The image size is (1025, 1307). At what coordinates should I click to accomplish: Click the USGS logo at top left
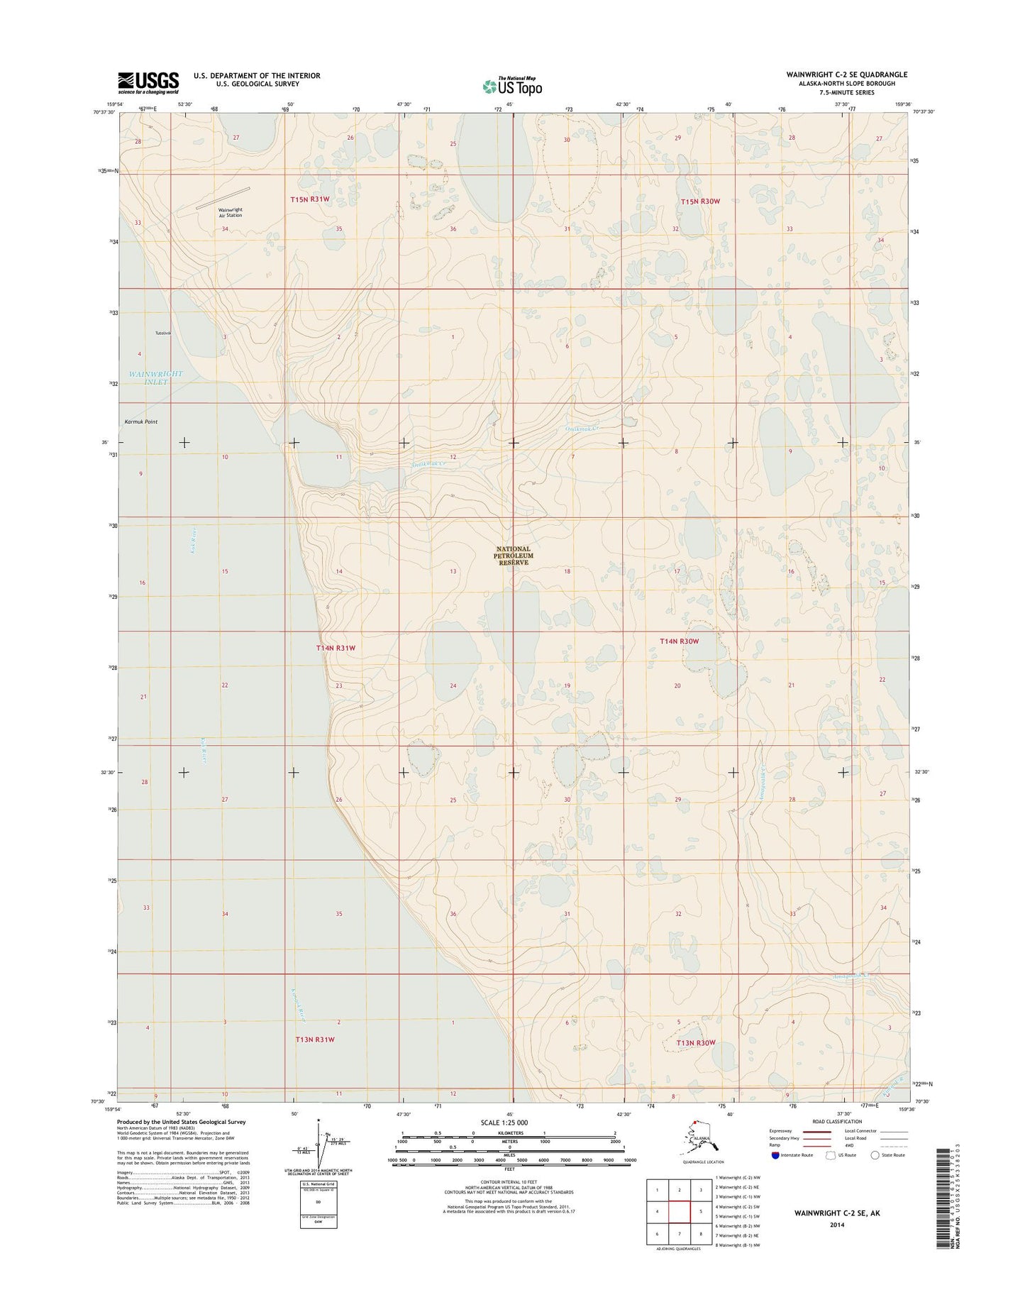tap(148, 83)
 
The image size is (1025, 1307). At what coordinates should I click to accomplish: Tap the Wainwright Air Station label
tap(230, 212)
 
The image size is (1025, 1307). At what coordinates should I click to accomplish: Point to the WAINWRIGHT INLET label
tap(156, 377)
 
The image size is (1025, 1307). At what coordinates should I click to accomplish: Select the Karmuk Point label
tap(141, 422)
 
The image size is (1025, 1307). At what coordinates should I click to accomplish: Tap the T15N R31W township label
tap(310, 199)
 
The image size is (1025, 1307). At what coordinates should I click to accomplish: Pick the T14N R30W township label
tap(680, 641)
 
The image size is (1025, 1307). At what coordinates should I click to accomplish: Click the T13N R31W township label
tap(314, 1039)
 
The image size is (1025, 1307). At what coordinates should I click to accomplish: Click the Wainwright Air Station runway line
tap(223, 198)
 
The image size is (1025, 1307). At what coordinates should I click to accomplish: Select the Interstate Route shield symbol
tap(775, 1155)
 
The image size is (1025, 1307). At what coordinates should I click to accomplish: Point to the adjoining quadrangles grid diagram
tap(680, 1212)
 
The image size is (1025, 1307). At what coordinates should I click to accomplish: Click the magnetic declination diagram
tap(319, 1149)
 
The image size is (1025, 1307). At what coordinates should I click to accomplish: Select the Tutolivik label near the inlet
tap(163, 333)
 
